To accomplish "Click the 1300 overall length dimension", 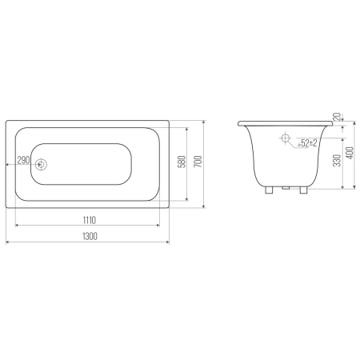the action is tap(90, 236).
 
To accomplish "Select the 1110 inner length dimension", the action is tap(90, 220).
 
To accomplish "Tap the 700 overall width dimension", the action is tap(198, 162).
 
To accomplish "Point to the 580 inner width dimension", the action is tap(182, 162).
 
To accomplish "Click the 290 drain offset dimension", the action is tap(23, 160).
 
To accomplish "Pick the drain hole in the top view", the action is tap(41, 165).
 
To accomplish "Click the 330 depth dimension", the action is tap(337, 160).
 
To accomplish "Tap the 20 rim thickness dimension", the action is tap(337, 117).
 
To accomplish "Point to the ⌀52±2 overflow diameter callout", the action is tap(307, 143).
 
